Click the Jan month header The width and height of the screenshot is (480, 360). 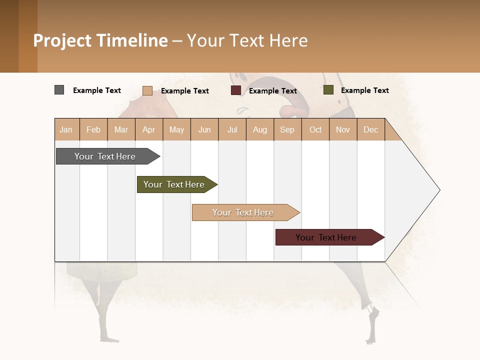pos(66,129)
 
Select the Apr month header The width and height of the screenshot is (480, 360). pos(148,129)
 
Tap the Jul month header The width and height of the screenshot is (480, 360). pos(232,129)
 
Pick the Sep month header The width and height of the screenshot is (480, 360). pos(287,129)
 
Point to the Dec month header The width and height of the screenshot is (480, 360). pos(370,129)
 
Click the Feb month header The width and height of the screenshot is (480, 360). pos(93,129)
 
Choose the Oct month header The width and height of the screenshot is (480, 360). pos(315,129)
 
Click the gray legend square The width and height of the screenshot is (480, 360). pos(59,90)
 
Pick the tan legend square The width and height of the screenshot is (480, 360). pos(147,90)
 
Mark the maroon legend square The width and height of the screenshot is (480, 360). pos(235,90)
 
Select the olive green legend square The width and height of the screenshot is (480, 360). pos(328,90)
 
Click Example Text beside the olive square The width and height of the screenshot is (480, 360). pos(364,90)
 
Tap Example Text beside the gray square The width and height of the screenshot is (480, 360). pos(97,90)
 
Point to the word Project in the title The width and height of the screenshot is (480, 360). pos(62,40)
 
